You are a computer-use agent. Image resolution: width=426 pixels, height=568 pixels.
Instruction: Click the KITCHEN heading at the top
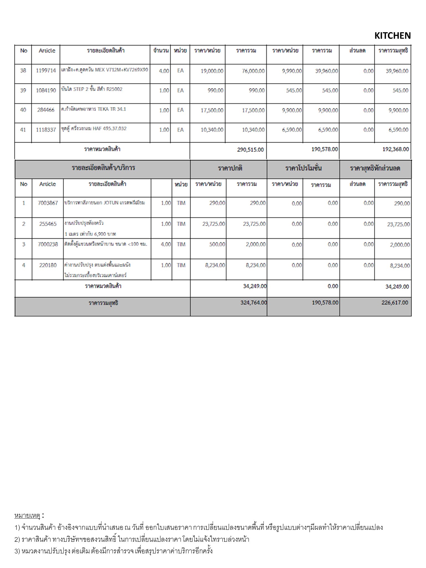point(392,36)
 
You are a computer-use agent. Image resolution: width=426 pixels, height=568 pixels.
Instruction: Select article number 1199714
point(46,71)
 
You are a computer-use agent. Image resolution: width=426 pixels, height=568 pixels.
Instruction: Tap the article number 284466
point(46,110)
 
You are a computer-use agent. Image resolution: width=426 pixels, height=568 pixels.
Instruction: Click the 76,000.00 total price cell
point(253,71)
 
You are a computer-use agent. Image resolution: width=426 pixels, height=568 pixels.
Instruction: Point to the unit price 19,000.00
point(212,71)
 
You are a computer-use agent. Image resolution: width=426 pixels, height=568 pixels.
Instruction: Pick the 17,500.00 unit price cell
point(212,110)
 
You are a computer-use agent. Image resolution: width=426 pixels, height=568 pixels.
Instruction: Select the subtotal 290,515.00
point(250,150)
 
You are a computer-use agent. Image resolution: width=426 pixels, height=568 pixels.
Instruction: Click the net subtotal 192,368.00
point(395,149)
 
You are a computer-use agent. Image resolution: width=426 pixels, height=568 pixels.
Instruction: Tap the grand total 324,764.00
point(253,303)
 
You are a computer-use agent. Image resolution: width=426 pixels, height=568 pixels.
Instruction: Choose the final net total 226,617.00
point(395,303)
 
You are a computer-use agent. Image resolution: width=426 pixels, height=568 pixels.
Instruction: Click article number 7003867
point(48,203)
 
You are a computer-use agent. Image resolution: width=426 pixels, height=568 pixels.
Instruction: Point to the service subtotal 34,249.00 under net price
point(397,287)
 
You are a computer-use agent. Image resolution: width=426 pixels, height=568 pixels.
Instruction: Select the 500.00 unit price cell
point(217,245)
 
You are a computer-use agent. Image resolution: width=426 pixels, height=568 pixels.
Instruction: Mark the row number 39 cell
point(23,90)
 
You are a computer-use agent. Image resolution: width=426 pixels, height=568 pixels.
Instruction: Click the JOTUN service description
point(104,203)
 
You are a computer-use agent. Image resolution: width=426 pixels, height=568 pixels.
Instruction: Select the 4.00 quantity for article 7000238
point(166,245)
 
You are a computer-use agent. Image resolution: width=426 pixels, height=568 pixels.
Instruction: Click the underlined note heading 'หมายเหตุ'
point(27,516)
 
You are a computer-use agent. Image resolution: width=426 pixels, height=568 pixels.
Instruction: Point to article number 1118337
point(46,130)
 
